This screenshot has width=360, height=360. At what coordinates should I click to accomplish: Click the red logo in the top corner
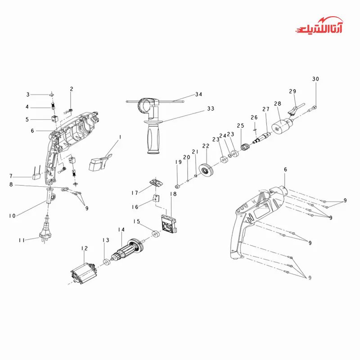pos(319,25)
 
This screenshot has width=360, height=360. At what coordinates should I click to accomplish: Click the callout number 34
pos(198,94)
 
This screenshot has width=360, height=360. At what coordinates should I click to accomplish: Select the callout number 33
pos(211,108)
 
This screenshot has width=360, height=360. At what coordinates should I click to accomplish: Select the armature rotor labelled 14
pos(127,250)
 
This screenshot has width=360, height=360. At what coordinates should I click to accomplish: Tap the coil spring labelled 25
pos(245,147)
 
